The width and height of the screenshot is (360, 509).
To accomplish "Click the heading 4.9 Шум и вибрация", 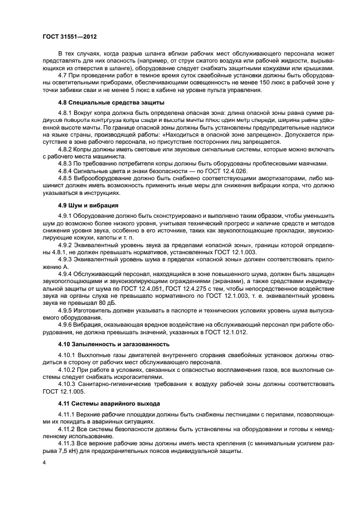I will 85,205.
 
